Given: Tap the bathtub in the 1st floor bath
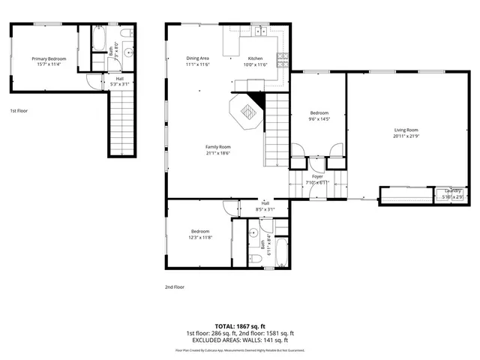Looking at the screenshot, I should (98, 39).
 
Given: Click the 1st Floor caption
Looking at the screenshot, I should (19, 111).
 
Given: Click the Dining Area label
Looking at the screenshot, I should (197, 58).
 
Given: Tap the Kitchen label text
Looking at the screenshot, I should (256, 58).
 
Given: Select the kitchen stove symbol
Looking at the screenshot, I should (283, 59).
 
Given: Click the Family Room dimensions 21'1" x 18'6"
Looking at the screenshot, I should (218, 153).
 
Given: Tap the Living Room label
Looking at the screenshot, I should (406, 130).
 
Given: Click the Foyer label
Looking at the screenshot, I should (318, 176).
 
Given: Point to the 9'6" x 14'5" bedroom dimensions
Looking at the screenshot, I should (319, 119).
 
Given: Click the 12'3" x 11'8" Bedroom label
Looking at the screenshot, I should (200, 231).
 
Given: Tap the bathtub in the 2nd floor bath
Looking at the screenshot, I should (278, 253).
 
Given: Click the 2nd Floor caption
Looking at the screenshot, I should (175, 286).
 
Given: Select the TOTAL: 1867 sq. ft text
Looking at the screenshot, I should (240, 326).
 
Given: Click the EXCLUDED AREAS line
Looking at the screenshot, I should (240, 340).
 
